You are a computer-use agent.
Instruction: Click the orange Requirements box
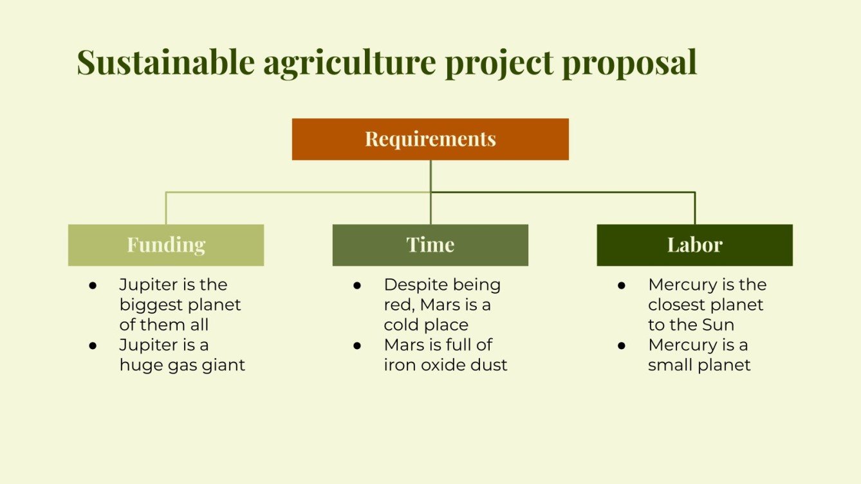click(x=430, y=139)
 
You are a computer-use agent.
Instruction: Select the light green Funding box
click(x=166, y=245)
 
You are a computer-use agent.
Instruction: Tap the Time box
click(x=430, y=245)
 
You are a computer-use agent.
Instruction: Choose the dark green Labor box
click(x=694, y=245)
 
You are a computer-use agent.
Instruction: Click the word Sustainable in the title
click(x=165, y=62)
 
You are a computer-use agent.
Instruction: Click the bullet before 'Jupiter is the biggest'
click(x=93, y=285)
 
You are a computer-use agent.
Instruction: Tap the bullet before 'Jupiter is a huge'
click(x=93, y=345)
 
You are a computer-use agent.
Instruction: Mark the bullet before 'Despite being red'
click(x=357, y=285)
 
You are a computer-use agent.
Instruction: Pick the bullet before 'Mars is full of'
click(x=357, y=345)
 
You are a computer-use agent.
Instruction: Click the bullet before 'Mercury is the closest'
click(x=622, y=285)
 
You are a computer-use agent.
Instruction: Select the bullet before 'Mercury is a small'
click(x=622, y=345)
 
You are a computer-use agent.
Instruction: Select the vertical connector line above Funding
click(x=166, y=208)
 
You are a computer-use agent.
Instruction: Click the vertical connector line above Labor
click(x=695, y=208)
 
